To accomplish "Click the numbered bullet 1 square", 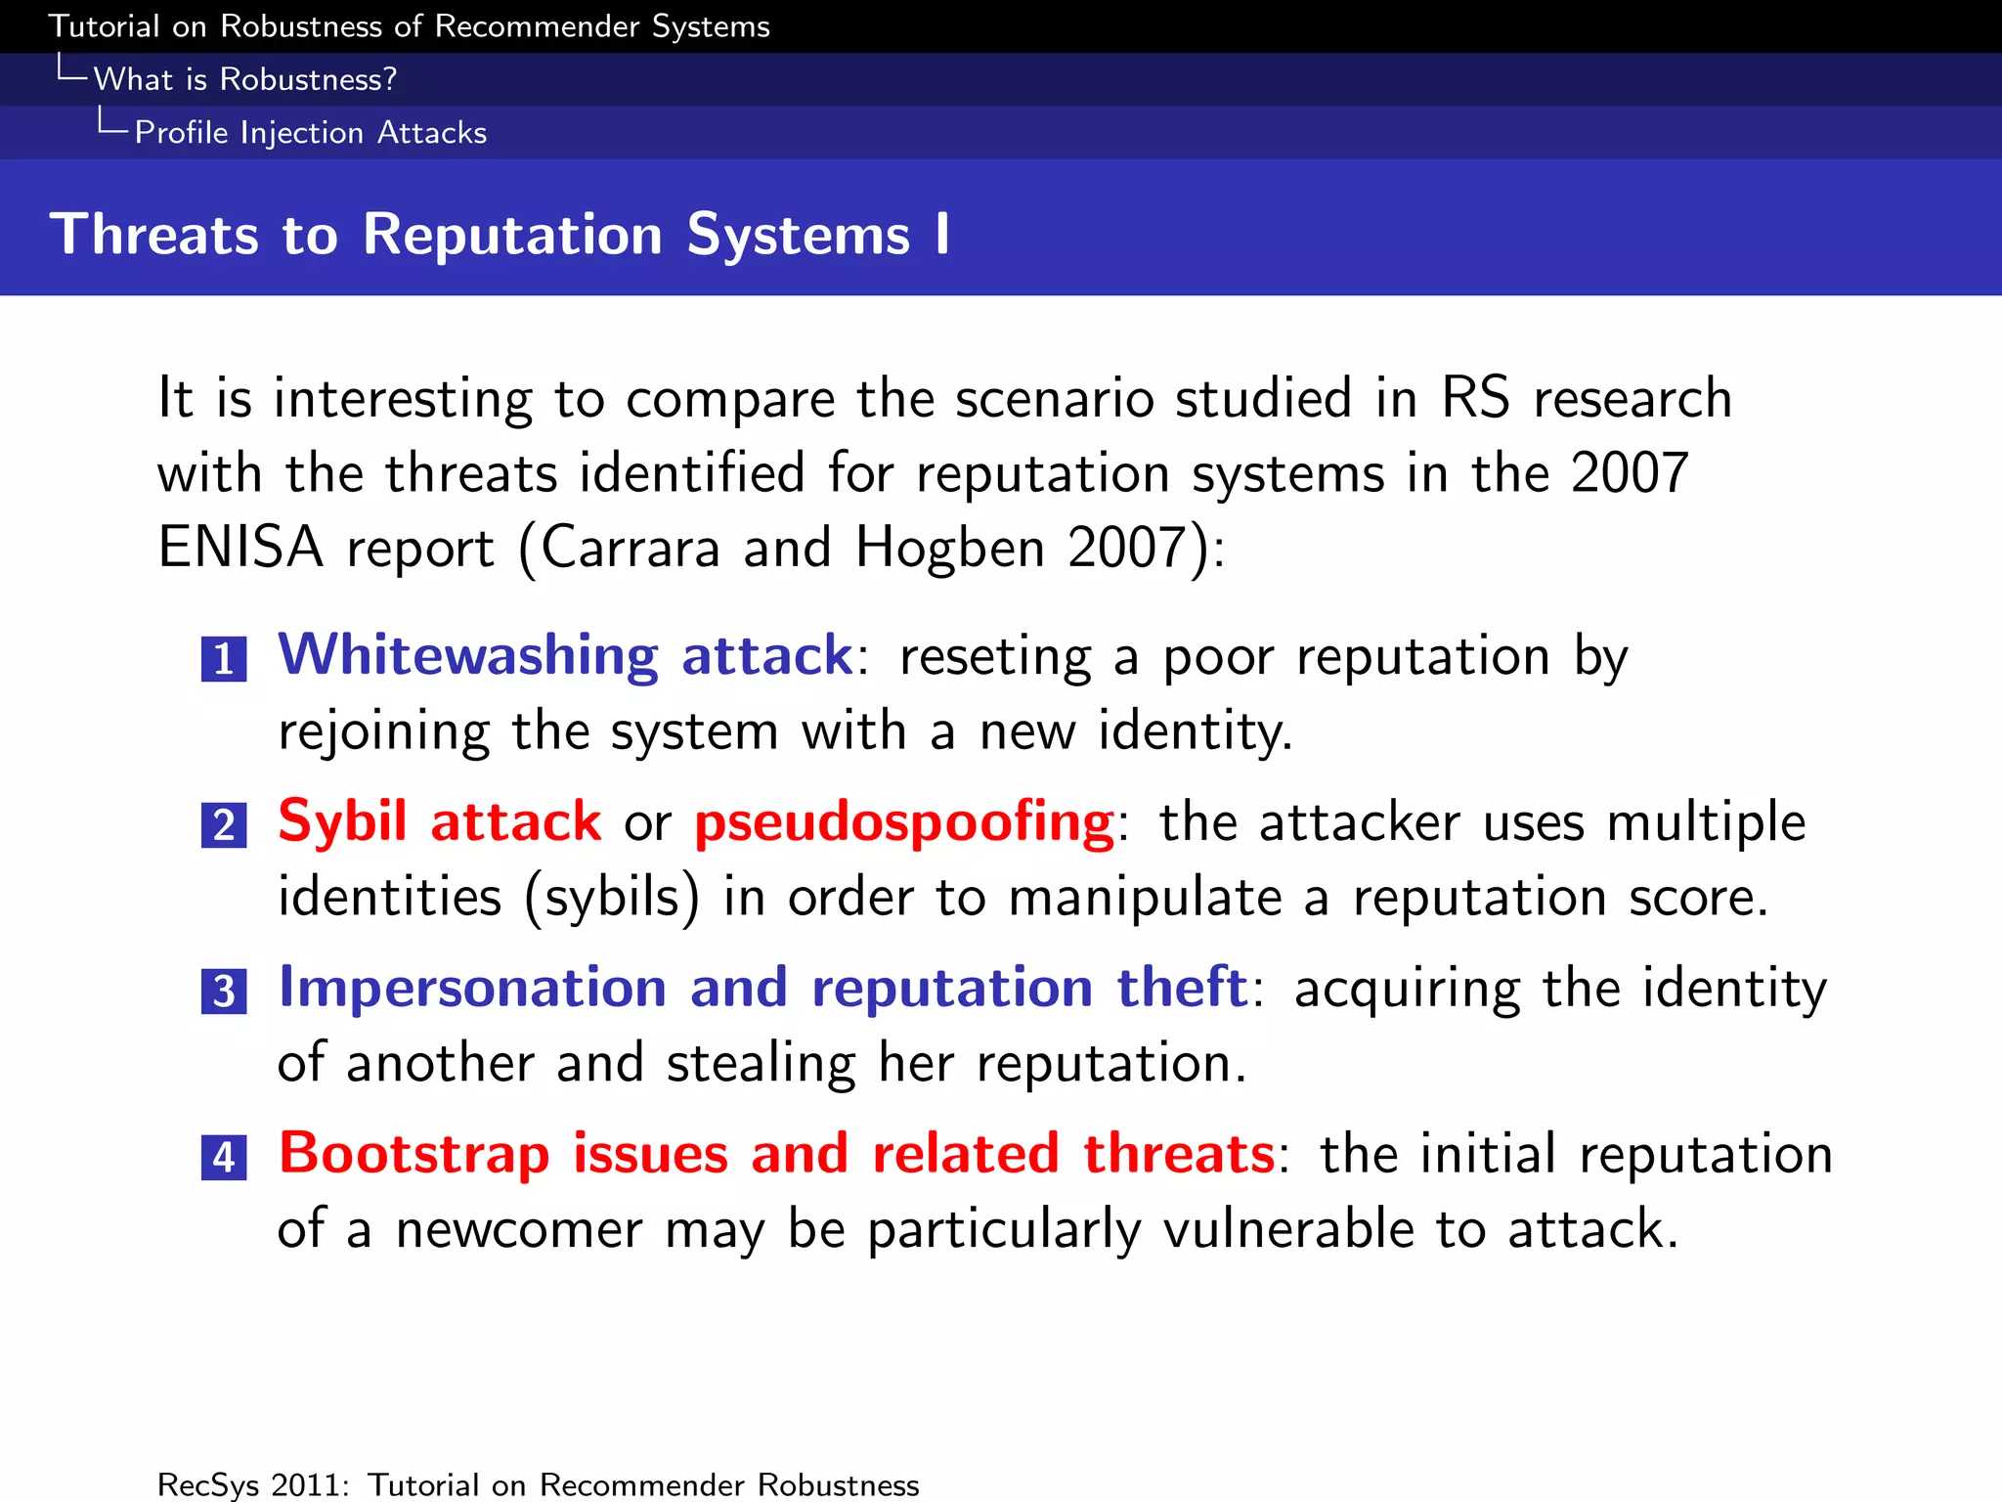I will point(224,658).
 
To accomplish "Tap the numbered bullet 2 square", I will point(224,824).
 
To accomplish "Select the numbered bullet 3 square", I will point(224,991).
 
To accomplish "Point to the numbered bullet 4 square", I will point(224,1157).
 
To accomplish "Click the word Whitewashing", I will point(468,656).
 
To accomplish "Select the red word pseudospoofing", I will point(904,822).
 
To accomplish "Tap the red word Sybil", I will point(342,822).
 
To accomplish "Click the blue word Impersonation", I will point(473,988).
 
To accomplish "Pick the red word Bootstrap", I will point(414,1154).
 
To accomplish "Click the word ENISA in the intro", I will point(240,547).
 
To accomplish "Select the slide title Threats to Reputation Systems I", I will point(500,235).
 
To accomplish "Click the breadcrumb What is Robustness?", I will point(244,79).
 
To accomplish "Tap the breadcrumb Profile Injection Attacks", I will point(310,132).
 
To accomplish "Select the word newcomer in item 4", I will point(519,1229).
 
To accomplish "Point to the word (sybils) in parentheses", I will point(612,898).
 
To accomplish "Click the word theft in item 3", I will point(1182,988).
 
